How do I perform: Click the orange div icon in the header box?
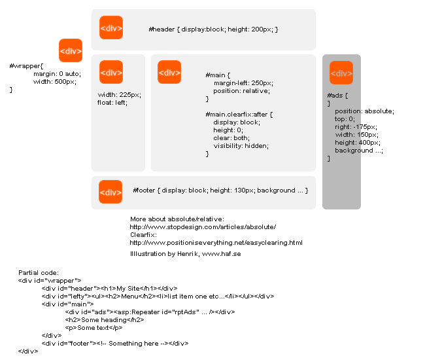[x=111, y=27]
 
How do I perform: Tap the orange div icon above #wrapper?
[x=71, y=50]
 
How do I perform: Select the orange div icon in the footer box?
[x=110, y=192]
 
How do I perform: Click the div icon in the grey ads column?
[x=341, y=73]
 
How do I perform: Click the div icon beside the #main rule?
[x=169, y=72]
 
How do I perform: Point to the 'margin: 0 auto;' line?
[x=57, y=74]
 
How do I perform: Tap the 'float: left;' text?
[x=112, y=103]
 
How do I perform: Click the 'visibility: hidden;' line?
[x=241, y=146]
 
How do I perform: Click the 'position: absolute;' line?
[x=365, y=111]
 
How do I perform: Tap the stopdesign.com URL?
[x=203, y=227]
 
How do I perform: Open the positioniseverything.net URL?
[x=216, y=243]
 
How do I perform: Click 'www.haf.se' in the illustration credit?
[x=222, y=254]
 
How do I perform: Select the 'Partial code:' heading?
[x=39, y=273]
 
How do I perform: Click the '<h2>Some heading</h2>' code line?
[x=105, y=320]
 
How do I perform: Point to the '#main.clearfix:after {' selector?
[x=239, y=115]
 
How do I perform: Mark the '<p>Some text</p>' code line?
[x=93, y=328]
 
